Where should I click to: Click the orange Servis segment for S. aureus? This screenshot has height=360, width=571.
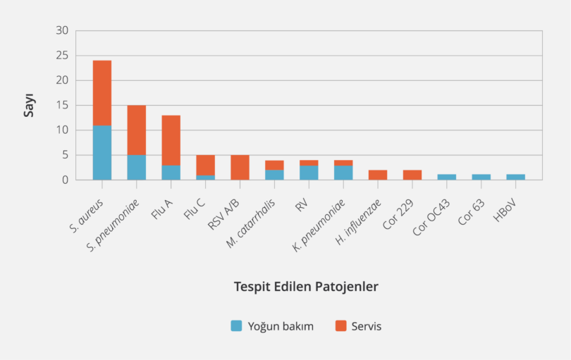point(102,92)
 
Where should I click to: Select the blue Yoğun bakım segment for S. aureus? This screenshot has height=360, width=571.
point(102,152)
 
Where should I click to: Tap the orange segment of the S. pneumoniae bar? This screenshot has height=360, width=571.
point(137,130)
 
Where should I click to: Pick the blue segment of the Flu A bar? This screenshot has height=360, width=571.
point(171,173)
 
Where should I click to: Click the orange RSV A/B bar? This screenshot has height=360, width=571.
point(240,167)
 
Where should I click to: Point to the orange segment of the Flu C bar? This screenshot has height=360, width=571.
point(206,165)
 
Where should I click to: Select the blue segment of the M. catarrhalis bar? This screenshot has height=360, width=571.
point(274,175)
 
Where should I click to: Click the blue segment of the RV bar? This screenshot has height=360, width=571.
point(309,173)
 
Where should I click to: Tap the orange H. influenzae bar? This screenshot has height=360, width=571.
point(378,175)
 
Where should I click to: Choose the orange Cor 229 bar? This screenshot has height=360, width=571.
point(412,175)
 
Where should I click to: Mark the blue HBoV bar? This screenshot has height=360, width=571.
point(516,177)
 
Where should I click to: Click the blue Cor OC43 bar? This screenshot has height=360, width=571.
point(447,177)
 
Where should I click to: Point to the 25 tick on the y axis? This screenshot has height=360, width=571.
point(63,56)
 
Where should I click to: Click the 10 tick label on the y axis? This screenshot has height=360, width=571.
point(63,130)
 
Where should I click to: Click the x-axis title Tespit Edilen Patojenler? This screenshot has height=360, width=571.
point(306,287)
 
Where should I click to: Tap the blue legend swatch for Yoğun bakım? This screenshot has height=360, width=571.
point(237,325)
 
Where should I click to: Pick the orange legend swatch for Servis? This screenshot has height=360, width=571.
point(340,325)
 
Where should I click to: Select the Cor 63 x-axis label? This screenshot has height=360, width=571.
point(472,209)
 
